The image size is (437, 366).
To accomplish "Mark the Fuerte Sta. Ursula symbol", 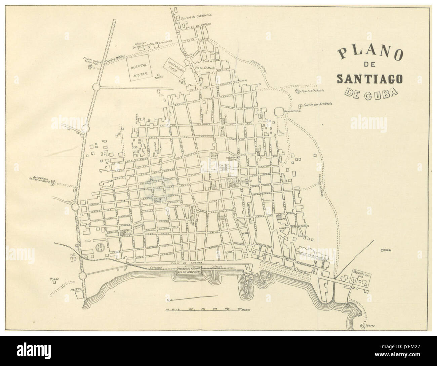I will click(x=297, y=91).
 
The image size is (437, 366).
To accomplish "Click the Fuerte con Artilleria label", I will click(x=318, y=105).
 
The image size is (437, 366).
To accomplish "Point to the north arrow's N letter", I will click(x=167, y=300).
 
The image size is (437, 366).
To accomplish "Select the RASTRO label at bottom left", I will click(x=69, y=288).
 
